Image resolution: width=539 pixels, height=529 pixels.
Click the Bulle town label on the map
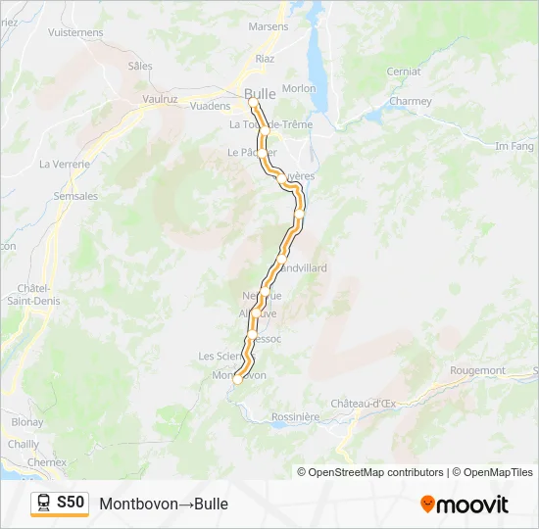pos(260,93)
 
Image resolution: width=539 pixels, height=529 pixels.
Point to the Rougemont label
pos(477,370)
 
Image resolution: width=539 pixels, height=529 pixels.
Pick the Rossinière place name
pos(294,416)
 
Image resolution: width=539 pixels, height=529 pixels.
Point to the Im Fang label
pos(514,146)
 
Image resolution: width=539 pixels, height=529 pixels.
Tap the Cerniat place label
pos(404,72)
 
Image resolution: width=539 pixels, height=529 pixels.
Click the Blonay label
pos(27,422)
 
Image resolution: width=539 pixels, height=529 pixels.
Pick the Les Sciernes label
pos(220,356)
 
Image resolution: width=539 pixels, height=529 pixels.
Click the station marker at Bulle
pos(253,102)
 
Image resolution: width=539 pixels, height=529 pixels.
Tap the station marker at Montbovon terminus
pos(237,381)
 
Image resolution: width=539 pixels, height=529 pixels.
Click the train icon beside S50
pos(44,504)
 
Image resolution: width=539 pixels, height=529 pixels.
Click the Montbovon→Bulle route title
pos(164,504)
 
